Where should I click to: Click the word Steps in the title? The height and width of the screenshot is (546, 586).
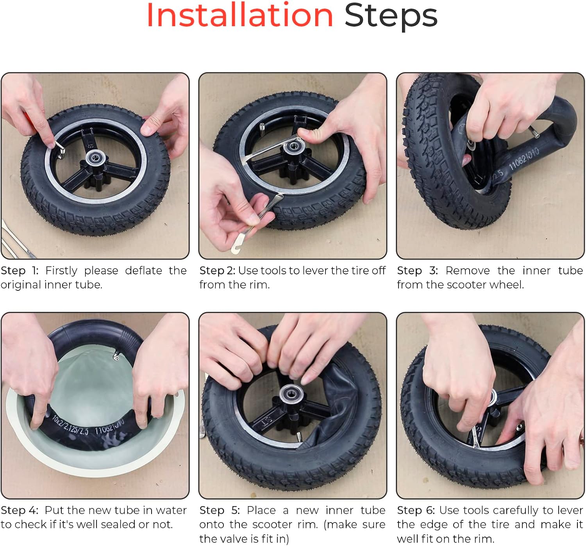[x=391, y=17]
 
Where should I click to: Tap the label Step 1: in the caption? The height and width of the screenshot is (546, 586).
[x=20, y=270]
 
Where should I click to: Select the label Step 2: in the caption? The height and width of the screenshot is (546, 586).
[x=217, y=270]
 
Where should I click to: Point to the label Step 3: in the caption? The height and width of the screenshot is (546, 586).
[x=417, y=270]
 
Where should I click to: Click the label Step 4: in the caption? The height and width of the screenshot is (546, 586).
[x=20, y=510]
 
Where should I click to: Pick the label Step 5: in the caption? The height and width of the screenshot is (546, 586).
[x=220, y=510]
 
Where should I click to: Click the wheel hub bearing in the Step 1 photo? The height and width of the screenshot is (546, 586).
[x=96, y=158]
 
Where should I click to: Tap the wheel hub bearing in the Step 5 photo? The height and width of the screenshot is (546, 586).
[x=291, y=394]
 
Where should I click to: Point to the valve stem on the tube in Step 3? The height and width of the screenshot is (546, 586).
[x=534, y=132]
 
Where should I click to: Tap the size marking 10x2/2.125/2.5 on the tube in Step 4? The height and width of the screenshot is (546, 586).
[x=70, y=426]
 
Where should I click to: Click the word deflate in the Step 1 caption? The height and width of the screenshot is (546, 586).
[x=143, y=270]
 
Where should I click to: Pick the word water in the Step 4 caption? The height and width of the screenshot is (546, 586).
[x=171, y=510]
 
